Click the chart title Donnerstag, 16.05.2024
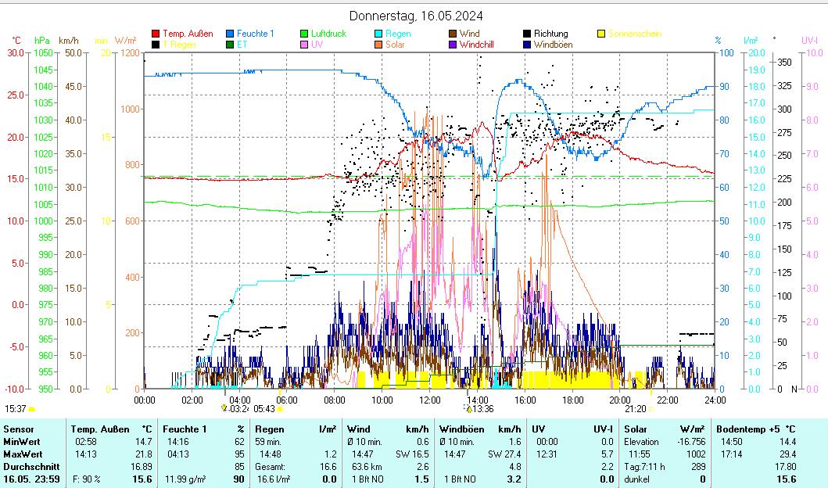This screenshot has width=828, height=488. pos(415,16)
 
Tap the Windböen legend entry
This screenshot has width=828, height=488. pos(553,45)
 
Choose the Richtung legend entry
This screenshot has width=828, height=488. pos(550,34)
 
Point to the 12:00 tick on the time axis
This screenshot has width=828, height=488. pos(430,400)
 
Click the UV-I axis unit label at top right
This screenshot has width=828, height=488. pos(809,40)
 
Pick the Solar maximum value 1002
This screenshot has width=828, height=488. pos(696,454)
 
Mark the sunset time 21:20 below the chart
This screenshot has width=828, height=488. pos(635,408)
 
